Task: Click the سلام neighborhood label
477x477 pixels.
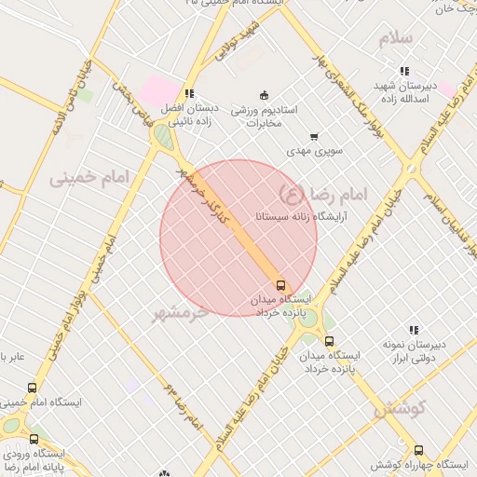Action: click(x=401, y=40)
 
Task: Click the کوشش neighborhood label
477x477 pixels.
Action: click(x=399, y=407)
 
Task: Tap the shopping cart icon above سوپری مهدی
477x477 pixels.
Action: click(x=313, y=137)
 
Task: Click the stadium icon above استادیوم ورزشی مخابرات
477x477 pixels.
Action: click(x=264, y=95)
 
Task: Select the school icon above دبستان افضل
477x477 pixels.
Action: click(x=189, y=93)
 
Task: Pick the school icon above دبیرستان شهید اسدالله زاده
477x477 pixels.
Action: click(x=403, y=71)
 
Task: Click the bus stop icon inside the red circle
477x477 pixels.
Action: click(x=281, y=285)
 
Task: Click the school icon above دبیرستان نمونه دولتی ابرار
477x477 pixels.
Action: click(x=413, y=330)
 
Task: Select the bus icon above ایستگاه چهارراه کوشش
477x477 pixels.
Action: click(x=418, y=450)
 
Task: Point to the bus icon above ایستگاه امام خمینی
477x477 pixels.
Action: click(x=33, y=388)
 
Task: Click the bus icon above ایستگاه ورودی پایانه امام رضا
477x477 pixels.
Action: click(x=34, y=439)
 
